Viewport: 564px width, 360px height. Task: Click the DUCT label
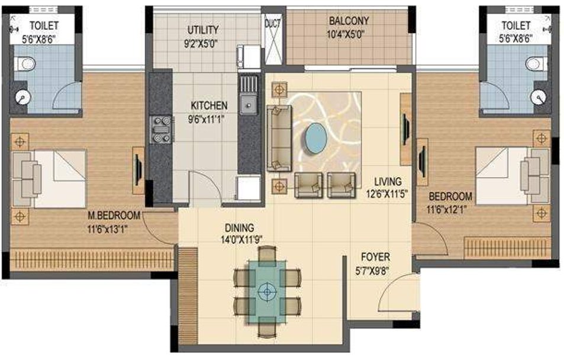272,24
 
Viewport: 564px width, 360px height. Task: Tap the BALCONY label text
349,21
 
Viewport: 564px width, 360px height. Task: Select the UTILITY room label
203,30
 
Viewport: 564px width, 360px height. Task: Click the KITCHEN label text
208,105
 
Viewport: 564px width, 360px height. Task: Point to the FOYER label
376,257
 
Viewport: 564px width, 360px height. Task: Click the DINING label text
239,227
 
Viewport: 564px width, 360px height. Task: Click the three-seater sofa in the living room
278,137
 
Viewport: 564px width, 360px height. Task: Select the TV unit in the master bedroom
137,169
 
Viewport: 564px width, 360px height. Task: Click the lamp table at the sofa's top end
278,89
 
